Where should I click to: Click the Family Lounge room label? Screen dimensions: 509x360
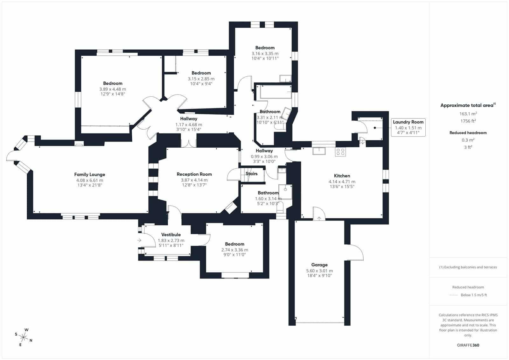89,174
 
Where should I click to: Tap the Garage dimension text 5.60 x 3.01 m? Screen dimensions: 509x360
319,271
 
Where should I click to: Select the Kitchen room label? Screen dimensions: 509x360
342,176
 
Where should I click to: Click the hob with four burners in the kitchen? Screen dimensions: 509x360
340,152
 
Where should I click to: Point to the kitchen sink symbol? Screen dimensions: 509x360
319,151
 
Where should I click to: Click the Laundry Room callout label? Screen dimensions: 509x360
408,122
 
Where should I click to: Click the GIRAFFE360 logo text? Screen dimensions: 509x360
468,345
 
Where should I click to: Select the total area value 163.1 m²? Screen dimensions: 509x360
468,114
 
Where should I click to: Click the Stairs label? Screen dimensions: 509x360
251,173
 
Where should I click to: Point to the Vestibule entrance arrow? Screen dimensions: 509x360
139,240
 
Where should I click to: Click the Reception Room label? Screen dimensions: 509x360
194,174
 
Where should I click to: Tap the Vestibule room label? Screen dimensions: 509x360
171,235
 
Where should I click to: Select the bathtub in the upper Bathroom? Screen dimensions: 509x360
275,92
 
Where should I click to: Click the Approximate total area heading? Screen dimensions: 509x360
468,105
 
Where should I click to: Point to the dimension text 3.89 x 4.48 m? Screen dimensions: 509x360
113,89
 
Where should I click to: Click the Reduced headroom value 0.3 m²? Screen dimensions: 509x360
468,140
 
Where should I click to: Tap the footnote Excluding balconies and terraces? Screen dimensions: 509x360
468,267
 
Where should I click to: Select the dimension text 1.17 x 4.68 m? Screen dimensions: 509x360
189,125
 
